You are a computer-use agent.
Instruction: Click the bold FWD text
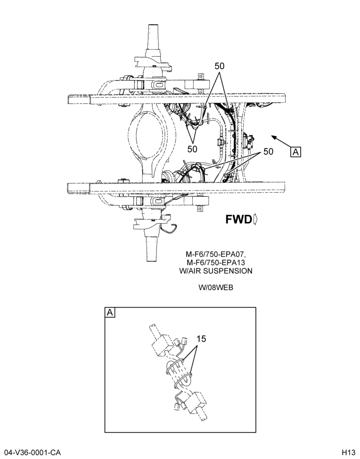point(238,219)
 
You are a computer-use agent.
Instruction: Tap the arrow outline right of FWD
point(255,219)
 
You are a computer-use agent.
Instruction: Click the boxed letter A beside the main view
point(296,152)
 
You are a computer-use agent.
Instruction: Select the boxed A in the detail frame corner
point(110,312)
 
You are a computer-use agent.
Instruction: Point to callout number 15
point(201,339)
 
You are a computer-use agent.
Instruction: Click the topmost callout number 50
point(219,66)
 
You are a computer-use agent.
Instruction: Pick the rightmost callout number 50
point(268,151)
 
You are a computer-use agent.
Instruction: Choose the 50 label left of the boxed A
point(268,151)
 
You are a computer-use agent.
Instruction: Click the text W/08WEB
point(216,287)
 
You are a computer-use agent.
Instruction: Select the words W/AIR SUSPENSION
point(216,271)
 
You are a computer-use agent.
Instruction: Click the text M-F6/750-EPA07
point(215,253)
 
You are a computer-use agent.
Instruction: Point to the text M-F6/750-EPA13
point(216,262)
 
